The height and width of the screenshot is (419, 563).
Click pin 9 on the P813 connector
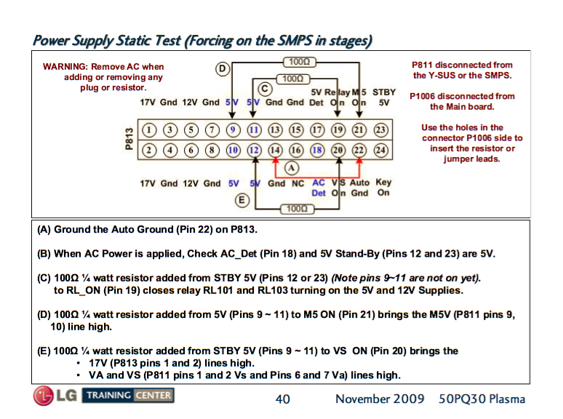pyautogui.click(x=233, y=129)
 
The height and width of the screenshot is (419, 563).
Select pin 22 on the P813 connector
pyautogui.click(x=359, y=150)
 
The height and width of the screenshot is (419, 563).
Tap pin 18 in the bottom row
pyautogui.click(x=317, y=150)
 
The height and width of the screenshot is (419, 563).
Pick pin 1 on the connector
pyautogui.click(x=149, y=129)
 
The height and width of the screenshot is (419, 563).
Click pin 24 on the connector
pyautogui.click(x=380, y=150)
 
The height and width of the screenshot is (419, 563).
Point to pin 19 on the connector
pyautogui.click(x=338, y=129)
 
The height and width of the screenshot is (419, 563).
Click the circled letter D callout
pyautogui.click(x=223, y=68)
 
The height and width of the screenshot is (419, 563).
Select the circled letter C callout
pyautogui.click(x=265, y=89)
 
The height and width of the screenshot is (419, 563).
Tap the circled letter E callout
pyautogui.click(x=242, y=200)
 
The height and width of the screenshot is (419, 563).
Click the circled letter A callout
pyautogui.click(x=292, y=167)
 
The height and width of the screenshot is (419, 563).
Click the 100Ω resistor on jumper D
pyautogui.click(x=300, y=62)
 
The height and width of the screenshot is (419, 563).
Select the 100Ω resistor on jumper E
pyautogui.click(x=297, y=209)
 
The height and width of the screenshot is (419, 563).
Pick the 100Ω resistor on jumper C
pyautogui.click(x=293, y=79)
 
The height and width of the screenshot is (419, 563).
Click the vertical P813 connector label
pyautogui.click(x=129, y=139)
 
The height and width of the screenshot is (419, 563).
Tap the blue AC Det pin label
pyautogui.click(x=319, y=188)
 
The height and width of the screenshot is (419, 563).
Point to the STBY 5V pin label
pyautogui.click(x=384, y=97)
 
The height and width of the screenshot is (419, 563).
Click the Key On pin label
pyautogui.click(x=383, y=187)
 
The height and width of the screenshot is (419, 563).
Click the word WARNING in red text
pyautogui.click(x=65, y=67)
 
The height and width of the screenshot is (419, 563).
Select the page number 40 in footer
pyautogui.click(x=282, y=399)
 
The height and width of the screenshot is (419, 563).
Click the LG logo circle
pyautogui.click(x=43, y=396)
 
